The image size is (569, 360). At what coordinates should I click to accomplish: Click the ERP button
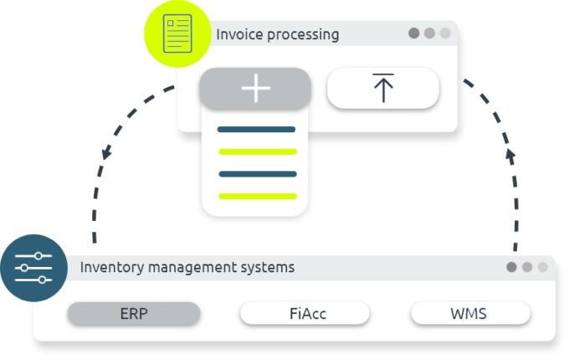tap(133, 314)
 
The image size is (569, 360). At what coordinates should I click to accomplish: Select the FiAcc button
tap(305, 314)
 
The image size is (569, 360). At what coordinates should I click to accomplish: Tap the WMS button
tap(470, 314)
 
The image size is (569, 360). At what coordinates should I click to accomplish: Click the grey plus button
tap(255, 88)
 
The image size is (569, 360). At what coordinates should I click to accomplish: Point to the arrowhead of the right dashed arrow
tap(511, 155)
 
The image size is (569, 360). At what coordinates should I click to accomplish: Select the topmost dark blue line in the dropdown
tap(256, 130)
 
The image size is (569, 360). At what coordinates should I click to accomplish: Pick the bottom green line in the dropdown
tap(257, 196)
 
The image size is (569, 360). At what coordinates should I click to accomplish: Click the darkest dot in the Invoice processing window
tap(413, 33)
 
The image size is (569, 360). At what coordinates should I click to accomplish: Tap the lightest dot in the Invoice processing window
tap(444, 33)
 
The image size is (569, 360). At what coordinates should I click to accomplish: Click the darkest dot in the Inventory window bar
tap(511, 267)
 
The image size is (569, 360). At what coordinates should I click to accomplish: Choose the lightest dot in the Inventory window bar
tap(543, 267)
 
